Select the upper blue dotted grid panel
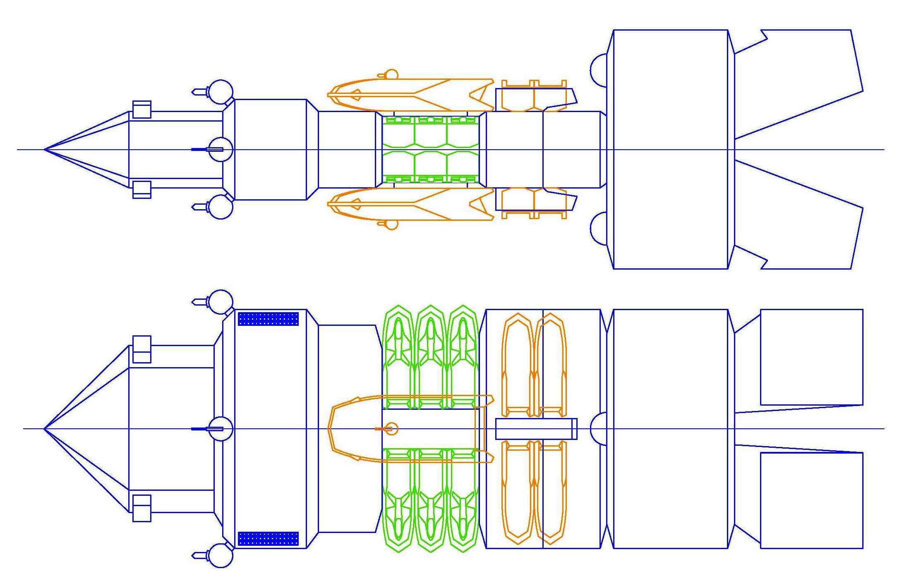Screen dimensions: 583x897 (x=268, y=319)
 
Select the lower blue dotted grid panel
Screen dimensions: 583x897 (x=268, y=538)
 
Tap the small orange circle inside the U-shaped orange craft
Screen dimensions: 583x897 (x=391, y=429)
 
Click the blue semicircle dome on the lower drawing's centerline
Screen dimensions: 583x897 (x=598, y=428)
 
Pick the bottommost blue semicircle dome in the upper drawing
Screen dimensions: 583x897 (x=599, y=229)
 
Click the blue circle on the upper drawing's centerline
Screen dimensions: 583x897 (x=220, y=149)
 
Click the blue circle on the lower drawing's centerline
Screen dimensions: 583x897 (x=220, y=429)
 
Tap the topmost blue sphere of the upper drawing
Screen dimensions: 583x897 (x=221, y=92)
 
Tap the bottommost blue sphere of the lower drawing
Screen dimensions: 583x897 (x=221, y=555)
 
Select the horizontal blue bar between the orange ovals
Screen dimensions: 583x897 (x=536, y=429)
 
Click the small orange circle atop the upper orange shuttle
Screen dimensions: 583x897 (x=391, y=75)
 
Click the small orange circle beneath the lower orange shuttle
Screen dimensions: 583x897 (x=391, y=224)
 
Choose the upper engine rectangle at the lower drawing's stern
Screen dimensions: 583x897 (x=811, y=357)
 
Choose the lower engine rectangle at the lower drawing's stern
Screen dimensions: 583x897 (x=811, y=500)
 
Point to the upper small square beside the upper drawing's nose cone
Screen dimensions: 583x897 (x=142, y=110)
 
